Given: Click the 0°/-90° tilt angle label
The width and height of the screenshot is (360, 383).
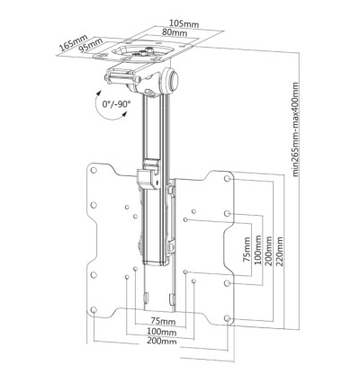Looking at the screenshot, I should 117,104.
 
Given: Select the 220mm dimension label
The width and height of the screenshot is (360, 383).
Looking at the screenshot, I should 279,245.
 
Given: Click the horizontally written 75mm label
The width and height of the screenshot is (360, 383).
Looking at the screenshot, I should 163,319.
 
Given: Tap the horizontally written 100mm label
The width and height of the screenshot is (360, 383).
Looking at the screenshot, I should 163,331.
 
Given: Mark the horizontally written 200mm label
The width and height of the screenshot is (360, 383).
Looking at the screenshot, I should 163,343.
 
